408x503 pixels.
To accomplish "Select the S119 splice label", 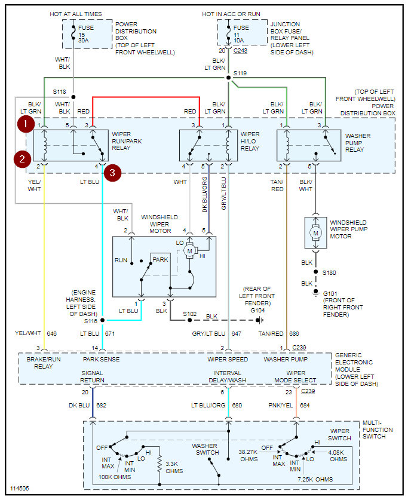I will click(x=240, y=73).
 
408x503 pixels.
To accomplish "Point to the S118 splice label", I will click(x=59, y=92).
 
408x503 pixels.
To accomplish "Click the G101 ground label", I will click(x=330, y=293).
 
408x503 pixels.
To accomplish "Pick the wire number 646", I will click(x=51, y=333).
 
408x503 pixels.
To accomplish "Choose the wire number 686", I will click(x=294, y=333).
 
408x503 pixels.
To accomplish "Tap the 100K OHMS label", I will click(x=114, y=477).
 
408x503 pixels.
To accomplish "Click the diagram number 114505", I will click(x=19, y=489).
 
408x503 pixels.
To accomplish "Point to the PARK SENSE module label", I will click(x=101, y=360).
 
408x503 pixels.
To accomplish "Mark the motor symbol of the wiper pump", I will click(x=316, y=231).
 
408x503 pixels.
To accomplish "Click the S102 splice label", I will click(x=190, y=314).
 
